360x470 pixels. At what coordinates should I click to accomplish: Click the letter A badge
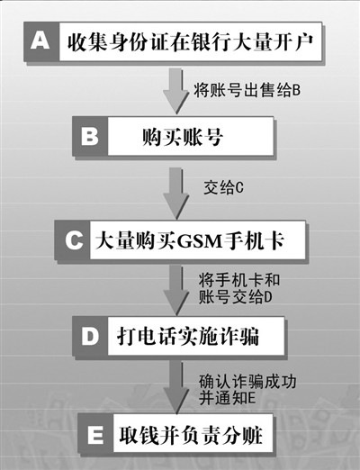(41, 41)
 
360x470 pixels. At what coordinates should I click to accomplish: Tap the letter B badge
(90, 136)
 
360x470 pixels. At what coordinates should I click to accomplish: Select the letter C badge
(72, 240)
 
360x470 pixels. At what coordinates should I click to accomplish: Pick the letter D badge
(90, 336)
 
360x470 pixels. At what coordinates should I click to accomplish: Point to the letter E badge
(95, 433)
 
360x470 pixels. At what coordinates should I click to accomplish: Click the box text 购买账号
(183, 137)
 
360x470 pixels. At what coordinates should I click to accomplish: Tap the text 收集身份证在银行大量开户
(190, 41)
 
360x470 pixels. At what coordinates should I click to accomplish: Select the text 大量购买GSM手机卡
(190, 240)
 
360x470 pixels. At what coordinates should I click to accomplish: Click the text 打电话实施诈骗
(188, 336)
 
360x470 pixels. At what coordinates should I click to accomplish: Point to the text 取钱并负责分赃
(191, 434)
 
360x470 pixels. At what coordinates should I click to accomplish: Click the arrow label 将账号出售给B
(247, 90)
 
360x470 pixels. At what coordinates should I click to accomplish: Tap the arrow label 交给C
(223, 187)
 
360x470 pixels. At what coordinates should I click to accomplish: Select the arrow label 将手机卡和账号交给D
(239, 288)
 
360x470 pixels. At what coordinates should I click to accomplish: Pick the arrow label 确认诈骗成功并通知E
(247, 390)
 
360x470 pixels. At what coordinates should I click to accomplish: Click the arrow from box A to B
(176, 91)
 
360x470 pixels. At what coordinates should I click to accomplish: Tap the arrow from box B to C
(176, 193)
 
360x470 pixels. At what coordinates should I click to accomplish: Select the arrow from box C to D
(176, 291)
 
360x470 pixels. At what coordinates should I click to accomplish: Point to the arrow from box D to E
(176, 387)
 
